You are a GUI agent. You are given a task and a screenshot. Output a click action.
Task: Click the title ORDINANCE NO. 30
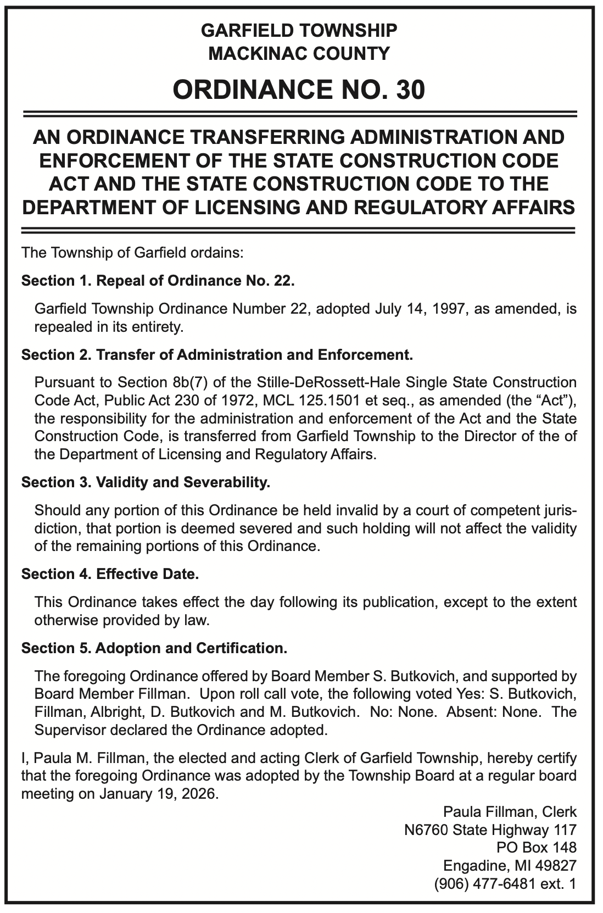pos(299,90)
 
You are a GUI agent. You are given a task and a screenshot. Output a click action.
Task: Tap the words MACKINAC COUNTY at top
pos(299,53)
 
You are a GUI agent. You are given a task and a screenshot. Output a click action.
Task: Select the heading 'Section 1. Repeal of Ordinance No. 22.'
pos(158,281)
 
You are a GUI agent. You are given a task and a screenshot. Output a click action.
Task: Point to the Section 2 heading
pos(216,354)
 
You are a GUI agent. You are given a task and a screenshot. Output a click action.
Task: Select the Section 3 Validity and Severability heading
pos(146,483)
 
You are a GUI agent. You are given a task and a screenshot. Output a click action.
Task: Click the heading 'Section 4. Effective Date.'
pos(110,574)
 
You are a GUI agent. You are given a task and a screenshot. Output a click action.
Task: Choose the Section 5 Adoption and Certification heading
pos(154,648)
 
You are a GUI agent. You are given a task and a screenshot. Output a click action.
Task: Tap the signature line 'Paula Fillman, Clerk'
pos(510,811)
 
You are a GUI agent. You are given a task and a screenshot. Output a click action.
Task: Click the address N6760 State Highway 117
pos(490,830)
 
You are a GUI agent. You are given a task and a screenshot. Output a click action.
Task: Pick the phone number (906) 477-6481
pos(482,884)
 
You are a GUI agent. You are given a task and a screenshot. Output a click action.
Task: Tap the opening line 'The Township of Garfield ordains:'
pos(132,254)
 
